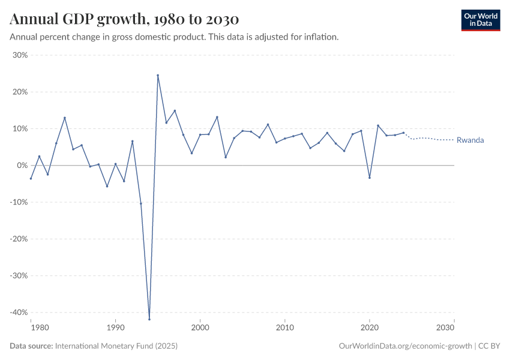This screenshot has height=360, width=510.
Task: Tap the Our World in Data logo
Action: (x=480, y=20)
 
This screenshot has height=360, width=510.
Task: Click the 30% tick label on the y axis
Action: (x=20, y=55)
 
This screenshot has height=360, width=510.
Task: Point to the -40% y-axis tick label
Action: (x=18, y=313)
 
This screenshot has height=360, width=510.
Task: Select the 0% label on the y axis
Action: (x=22, y=166)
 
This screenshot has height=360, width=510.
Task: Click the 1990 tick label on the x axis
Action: (x=115, y=328)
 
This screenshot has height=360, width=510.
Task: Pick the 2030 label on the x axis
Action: (x=446, y=328)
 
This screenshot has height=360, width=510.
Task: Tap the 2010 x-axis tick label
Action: (x=285, y=328)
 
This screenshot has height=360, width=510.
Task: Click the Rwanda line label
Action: (x=470, y=140)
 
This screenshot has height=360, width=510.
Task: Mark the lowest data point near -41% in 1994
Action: (x=149, y=319)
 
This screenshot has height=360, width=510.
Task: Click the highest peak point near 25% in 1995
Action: (x=158, y=75)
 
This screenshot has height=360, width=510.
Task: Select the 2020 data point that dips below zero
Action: (x=370, y=178)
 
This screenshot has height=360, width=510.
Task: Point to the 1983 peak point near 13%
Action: (x=64, y=118)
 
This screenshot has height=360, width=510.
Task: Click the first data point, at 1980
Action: (x=31, y=178)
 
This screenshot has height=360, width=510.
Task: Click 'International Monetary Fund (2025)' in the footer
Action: (x=116, y=346)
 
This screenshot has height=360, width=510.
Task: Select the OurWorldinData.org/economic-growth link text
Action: (x=406, y=346)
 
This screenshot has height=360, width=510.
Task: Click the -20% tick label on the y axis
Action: (x=18, y=239)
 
